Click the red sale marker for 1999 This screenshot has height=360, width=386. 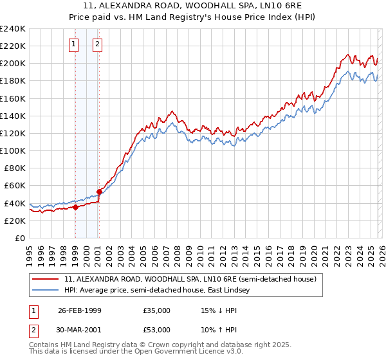(x=76, y=207)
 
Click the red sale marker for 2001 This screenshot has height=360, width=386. (x=100, y=192)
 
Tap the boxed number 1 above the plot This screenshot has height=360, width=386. (x=73, y=44)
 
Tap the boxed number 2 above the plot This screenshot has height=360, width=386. (x=97, y=44)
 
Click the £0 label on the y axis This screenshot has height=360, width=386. (x=20, y=238)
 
